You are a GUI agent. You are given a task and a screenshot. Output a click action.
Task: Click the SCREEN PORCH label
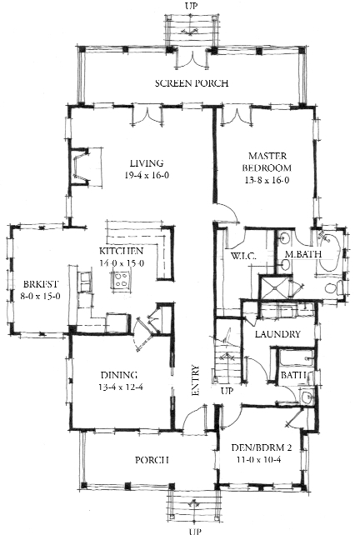(x=192, y=83)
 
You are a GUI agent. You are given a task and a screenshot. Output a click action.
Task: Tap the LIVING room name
(x=147, y=163)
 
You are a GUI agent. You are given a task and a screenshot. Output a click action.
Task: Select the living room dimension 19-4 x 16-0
(x=147, y=175)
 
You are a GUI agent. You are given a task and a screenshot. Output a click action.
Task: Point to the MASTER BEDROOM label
(x=267, y=162)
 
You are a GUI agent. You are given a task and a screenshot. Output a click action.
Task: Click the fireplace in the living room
(x=82, y=167)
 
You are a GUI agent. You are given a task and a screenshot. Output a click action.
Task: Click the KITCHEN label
(x=121, y=251)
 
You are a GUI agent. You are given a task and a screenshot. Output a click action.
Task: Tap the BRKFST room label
(x=41, y=284)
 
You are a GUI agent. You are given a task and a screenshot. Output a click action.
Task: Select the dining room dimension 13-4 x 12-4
(x=119, y=387)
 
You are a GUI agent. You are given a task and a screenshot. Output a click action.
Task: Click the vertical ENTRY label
(x=196, y=381)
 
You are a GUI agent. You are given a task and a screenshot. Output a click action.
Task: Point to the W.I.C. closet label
(x=243, y=256)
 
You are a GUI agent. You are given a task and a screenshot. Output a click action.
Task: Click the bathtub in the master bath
(x=328, y=252)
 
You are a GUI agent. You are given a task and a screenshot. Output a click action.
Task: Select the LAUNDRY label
(x=277, y=334)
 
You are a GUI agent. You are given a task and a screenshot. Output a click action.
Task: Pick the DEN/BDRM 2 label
(x=262, y=447)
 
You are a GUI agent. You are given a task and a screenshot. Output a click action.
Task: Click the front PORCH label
(x=152, y=460)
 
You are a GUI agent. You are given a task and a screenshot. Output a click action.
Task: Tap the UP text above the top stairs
(x=191, y=6)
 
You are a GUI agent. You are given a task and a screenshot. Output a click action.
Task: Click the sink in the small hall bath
(x=307, y=397)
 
